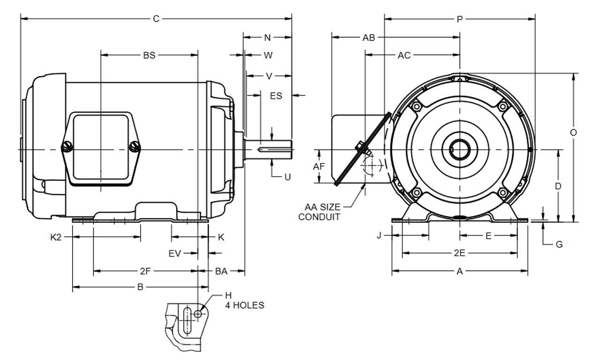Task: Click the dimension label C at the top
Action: pyautogui.click(x=156, y=19)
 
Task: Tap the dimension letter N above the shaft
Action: pyautogui.click(x=268, y=37)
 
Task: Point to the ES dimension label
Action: pyautogui.click(x=276, y=96)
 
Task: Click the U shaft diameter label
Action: pyautogui.click(x=287, y=177)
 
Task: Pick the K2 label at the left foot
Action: pyautogui.click(x=56, y=237)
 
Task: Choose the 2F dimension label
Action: pyautogui.click(x=145, y=271)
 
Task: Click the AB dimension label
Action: pyautogui.click(x=369, y=38)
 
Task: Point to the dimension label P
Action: pyautogui.click(x=459, y=19)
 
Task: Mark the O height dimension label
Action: pyautogui.click(x=573, y=133)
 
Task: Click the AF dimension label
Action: pyautogui.click(x=319, y=166)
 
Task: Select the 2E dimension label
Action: pyautogui.click(x=459, y=254)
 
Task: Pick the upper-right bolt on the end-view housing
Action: pyautogui.click(x=503, y=107)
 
